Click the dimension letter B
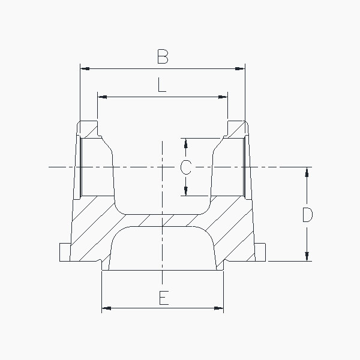(163, 56)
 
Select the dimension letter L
(162, 85)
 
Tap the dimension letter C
(186, 167)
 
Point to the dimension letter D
(308, 215)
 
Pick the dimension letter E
(164, 298)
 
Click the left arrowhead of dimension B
(85, 68)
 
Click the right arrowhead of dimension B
(240, 68)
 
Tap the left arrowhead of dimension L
(102, 97)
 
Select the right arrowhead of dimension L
(223, 97)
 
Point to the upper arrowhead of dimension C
(186, 143)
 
